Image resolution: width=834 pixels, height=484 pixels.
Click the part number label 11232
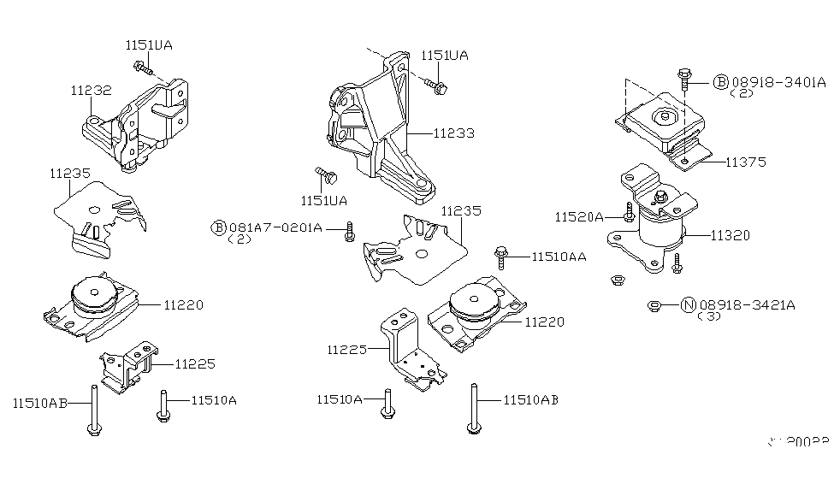(x=90, y=89)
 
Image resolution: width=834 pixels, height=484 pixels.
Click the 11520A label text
(x=580, y=217)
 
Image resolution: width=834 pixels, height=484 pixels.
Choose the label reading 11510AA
(x=559, y=256)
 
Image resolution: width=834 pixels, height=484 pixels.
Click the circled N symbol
(x=688, y=304)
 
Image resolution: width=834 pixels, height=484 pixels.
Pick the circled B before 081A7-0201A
(x=219, y=227)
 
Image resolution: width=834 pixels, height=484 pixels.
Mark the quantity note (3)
(x=710, y=317)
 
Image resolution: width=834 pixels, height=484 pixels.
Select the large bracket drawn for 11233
(x=376, y=128)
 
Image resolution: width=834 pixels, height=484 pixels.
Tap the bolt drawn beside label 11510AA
(x=500, y=255)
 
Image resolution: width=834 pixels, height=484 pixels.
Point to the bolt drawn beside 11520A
(x=630, y=212)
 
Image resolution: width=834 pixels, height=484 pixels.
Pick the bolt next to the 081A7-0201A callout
(x=349, y=231)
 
